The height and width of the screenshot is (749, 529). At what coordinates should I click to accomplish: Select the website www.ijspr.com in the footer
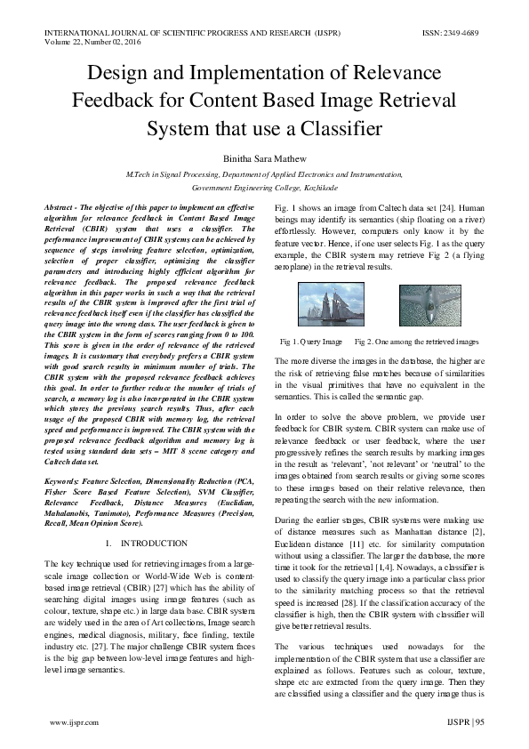[74, 724]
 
